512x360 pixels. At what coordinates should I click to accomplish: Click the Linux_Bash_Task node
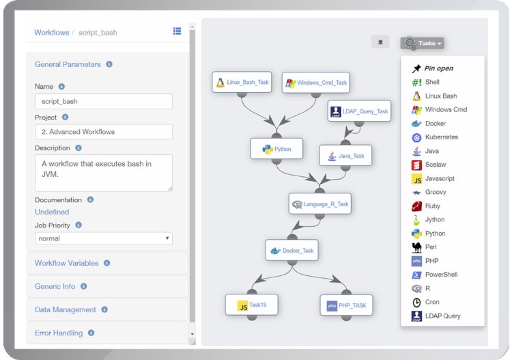[242, 83]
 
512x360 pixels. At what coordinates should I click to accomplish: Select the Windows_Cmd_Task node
[316, 83]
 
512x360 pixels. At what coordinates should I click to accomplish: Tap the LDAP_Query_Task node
[359, 111]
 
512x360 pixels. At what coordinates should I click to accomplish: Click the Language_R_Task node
[320, 204]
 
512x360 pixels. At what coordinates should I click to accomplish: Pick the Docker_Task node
[292, 250]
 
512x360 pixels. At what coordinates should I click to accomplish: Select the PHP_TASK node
[347, 305]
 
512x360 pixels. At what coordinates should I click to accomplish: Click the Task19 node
[252, 305]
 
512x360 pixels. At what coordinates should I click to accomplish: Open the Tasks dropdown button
[422, 43]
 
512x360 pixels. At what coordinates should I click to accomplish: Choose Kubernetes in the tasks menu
[441, 137]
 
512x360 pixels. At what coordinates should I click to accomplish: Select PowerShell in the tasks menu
[441, 275]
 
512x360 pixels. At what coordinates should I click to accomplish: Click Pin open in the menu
[438, 68]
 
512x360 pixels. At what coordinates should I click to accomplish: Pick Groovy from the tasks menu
[436, 192]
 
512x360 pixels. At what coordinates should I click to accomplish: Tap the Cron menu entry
[432, 302]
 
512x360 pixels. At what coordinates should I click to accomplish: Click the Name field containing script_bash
[103, 101]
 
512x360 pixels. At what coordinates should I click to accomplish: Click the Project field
[103, 132]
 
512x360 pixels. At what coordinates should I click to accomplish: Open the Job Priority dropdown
[103, 238]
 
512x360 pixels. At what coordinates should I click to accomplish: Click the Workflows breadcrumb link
[52, 32]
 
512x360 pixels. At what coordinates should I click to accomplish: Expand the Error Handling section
[59, 333]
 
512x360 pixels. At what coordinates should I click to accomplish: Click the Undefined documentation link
[52, 212]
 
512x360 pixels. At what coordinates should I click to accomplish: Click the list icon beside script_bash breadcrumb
[177, 31]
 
